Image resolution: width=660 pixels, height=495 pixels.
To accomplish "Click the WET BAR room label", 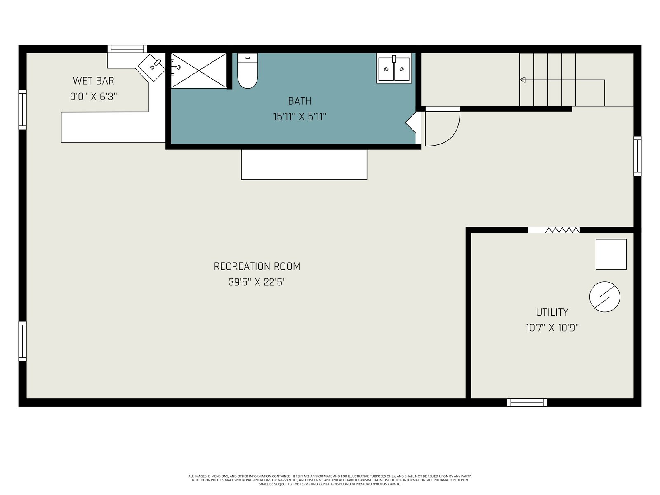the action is [x=94, y=81].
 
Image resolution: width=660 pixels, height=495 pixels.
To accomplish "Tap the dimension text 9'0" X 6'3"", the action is [x=94, y=97].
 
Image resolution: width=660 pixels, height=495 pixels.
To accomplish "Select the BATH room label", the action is [x=300, y=101].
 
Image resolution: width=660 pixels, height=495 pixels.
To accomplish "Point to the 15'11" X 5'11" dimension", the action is [x=300, y=117].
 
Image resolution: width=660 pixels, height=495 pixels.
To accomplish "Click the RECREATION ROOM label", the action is [x=257, y=266].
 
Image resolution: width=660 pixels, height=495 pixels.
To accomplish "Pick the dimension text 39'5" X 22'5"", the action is [x=257, y=282].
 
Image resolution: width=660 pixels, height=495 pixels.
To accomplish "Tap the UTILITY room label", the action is [x=552, y=312].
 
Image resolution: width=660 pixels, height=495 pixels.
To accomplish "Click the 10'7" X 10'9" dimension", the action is [x=552, y=328].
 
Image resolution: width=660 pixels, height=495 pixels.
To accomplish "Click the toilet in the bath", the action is [x=247, y=71].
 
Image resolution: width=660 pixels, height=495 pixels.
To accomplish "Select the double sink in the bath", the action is [x=394, y=68].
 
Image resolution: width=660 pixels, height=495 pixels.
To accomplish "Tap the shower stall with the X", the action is [x=199, y=71].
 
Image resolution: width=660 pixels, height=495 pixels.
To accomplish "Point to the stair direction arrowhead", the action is [x=523, y=80].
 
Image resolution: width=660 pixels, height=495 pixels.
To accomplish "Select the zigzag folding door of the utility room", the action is [x=562, y=230].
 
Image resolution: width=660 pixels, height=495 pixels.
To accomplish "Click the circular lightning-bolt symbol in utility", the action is [x=605, y=297].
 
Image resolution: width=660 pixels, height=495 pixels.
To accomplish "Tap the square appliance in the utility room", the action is [x=611, y=254].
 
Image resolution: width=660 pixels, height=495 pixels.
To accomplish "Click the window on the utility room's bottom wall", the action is [x=527, y=403].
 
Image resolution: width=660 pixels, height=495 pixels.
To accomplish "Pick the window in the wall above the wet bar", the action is [x=127, y=49].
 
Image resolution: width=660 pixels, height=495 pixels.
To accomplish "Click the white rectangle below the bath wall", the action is [x=304, y=165].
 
